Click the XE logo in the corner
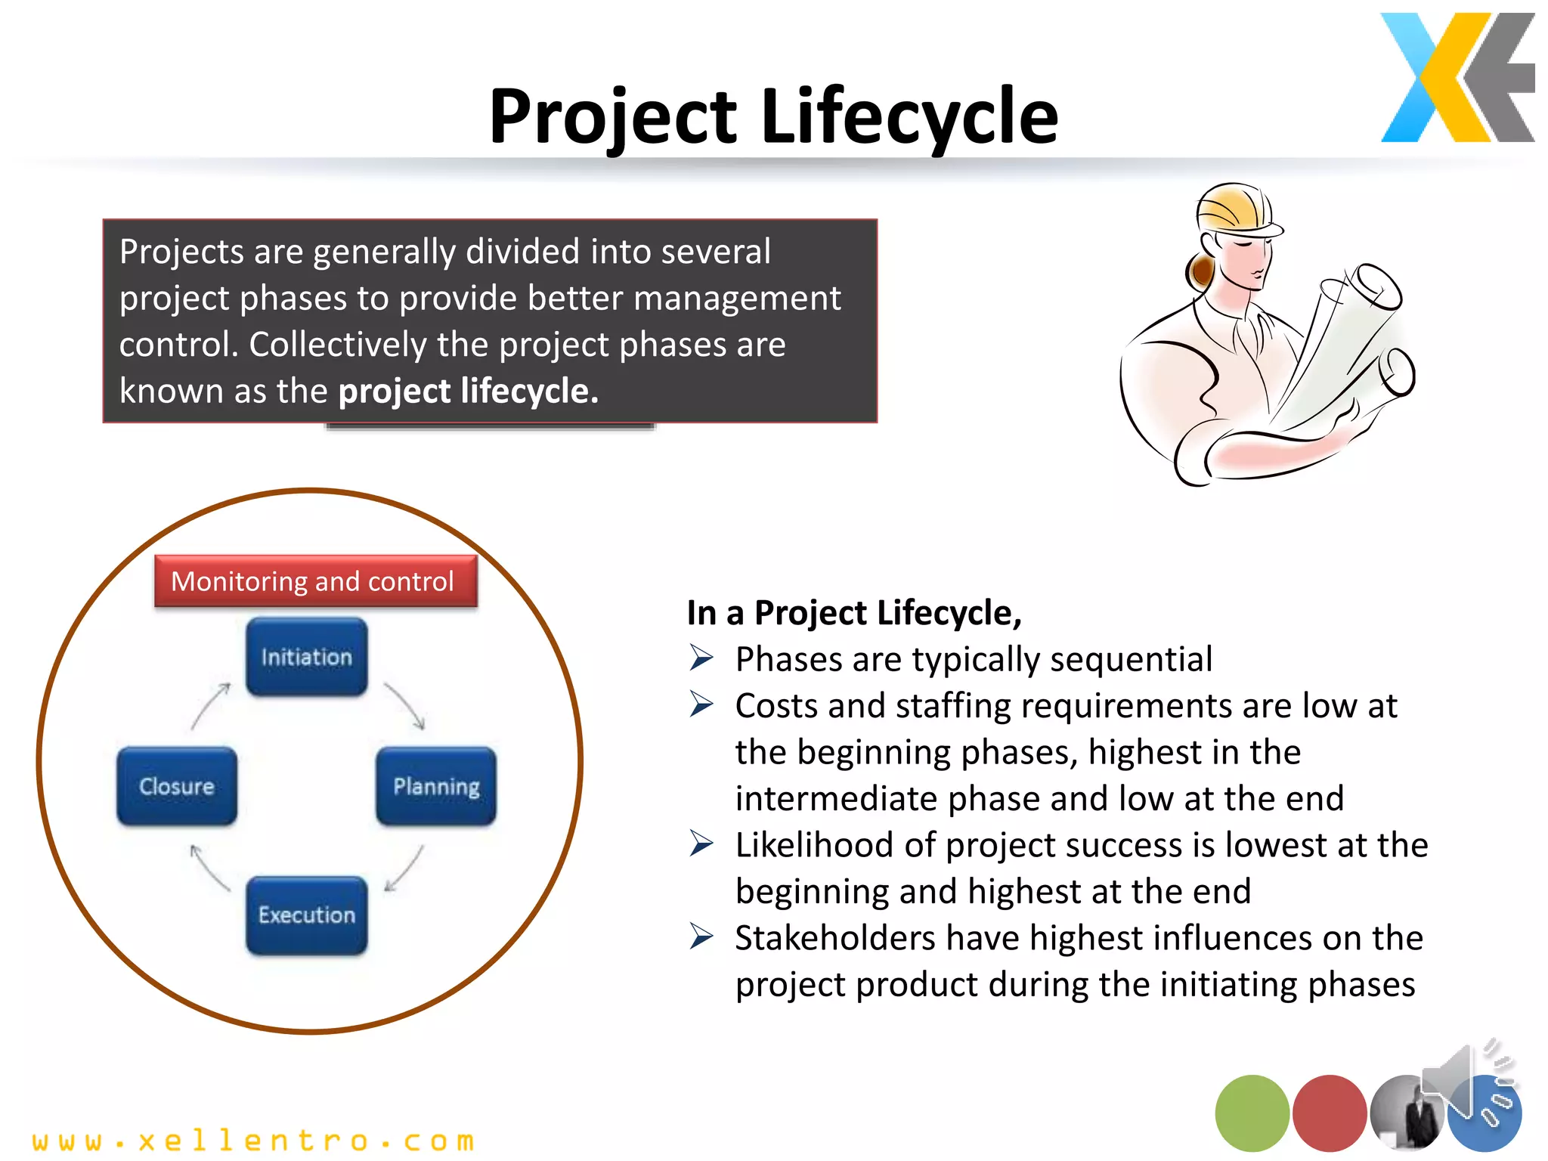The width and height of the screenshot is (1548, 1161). coord(1457,77)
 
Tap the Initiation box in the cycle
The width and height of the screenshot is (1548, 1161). coord(306,657)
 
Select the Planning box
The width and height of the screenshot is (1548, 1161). coord(436,786)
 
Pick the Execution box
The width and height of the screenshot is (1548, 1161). coord(306,915)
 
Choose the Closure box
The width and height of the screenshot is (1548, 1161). coord(177,786)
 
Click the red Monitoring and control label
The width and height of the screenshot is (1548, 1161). coord(315,581)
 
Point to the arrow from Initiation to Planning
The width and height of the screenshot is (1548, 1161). coord(405,706)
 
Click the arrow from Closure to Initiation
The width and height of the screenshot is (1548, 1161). coord(210,706)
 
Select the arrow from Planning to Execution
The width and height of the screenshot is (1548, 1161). coord(404,868)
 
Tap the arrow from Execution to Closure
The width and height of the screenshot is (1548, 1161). coord(209,868)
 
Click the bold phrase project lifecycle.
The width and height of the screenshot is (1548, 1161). coord(468,391)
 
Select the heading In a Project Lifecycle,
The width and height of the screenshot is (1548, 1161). coord(854,612)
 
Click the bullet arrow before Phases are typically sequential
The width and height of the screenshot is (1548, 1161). coord(701,658)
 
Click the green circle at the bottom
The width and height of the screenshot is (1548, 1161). coord(1252,1113)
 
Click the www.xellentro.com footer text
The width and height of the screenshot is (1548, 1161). coord(253,1140)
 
